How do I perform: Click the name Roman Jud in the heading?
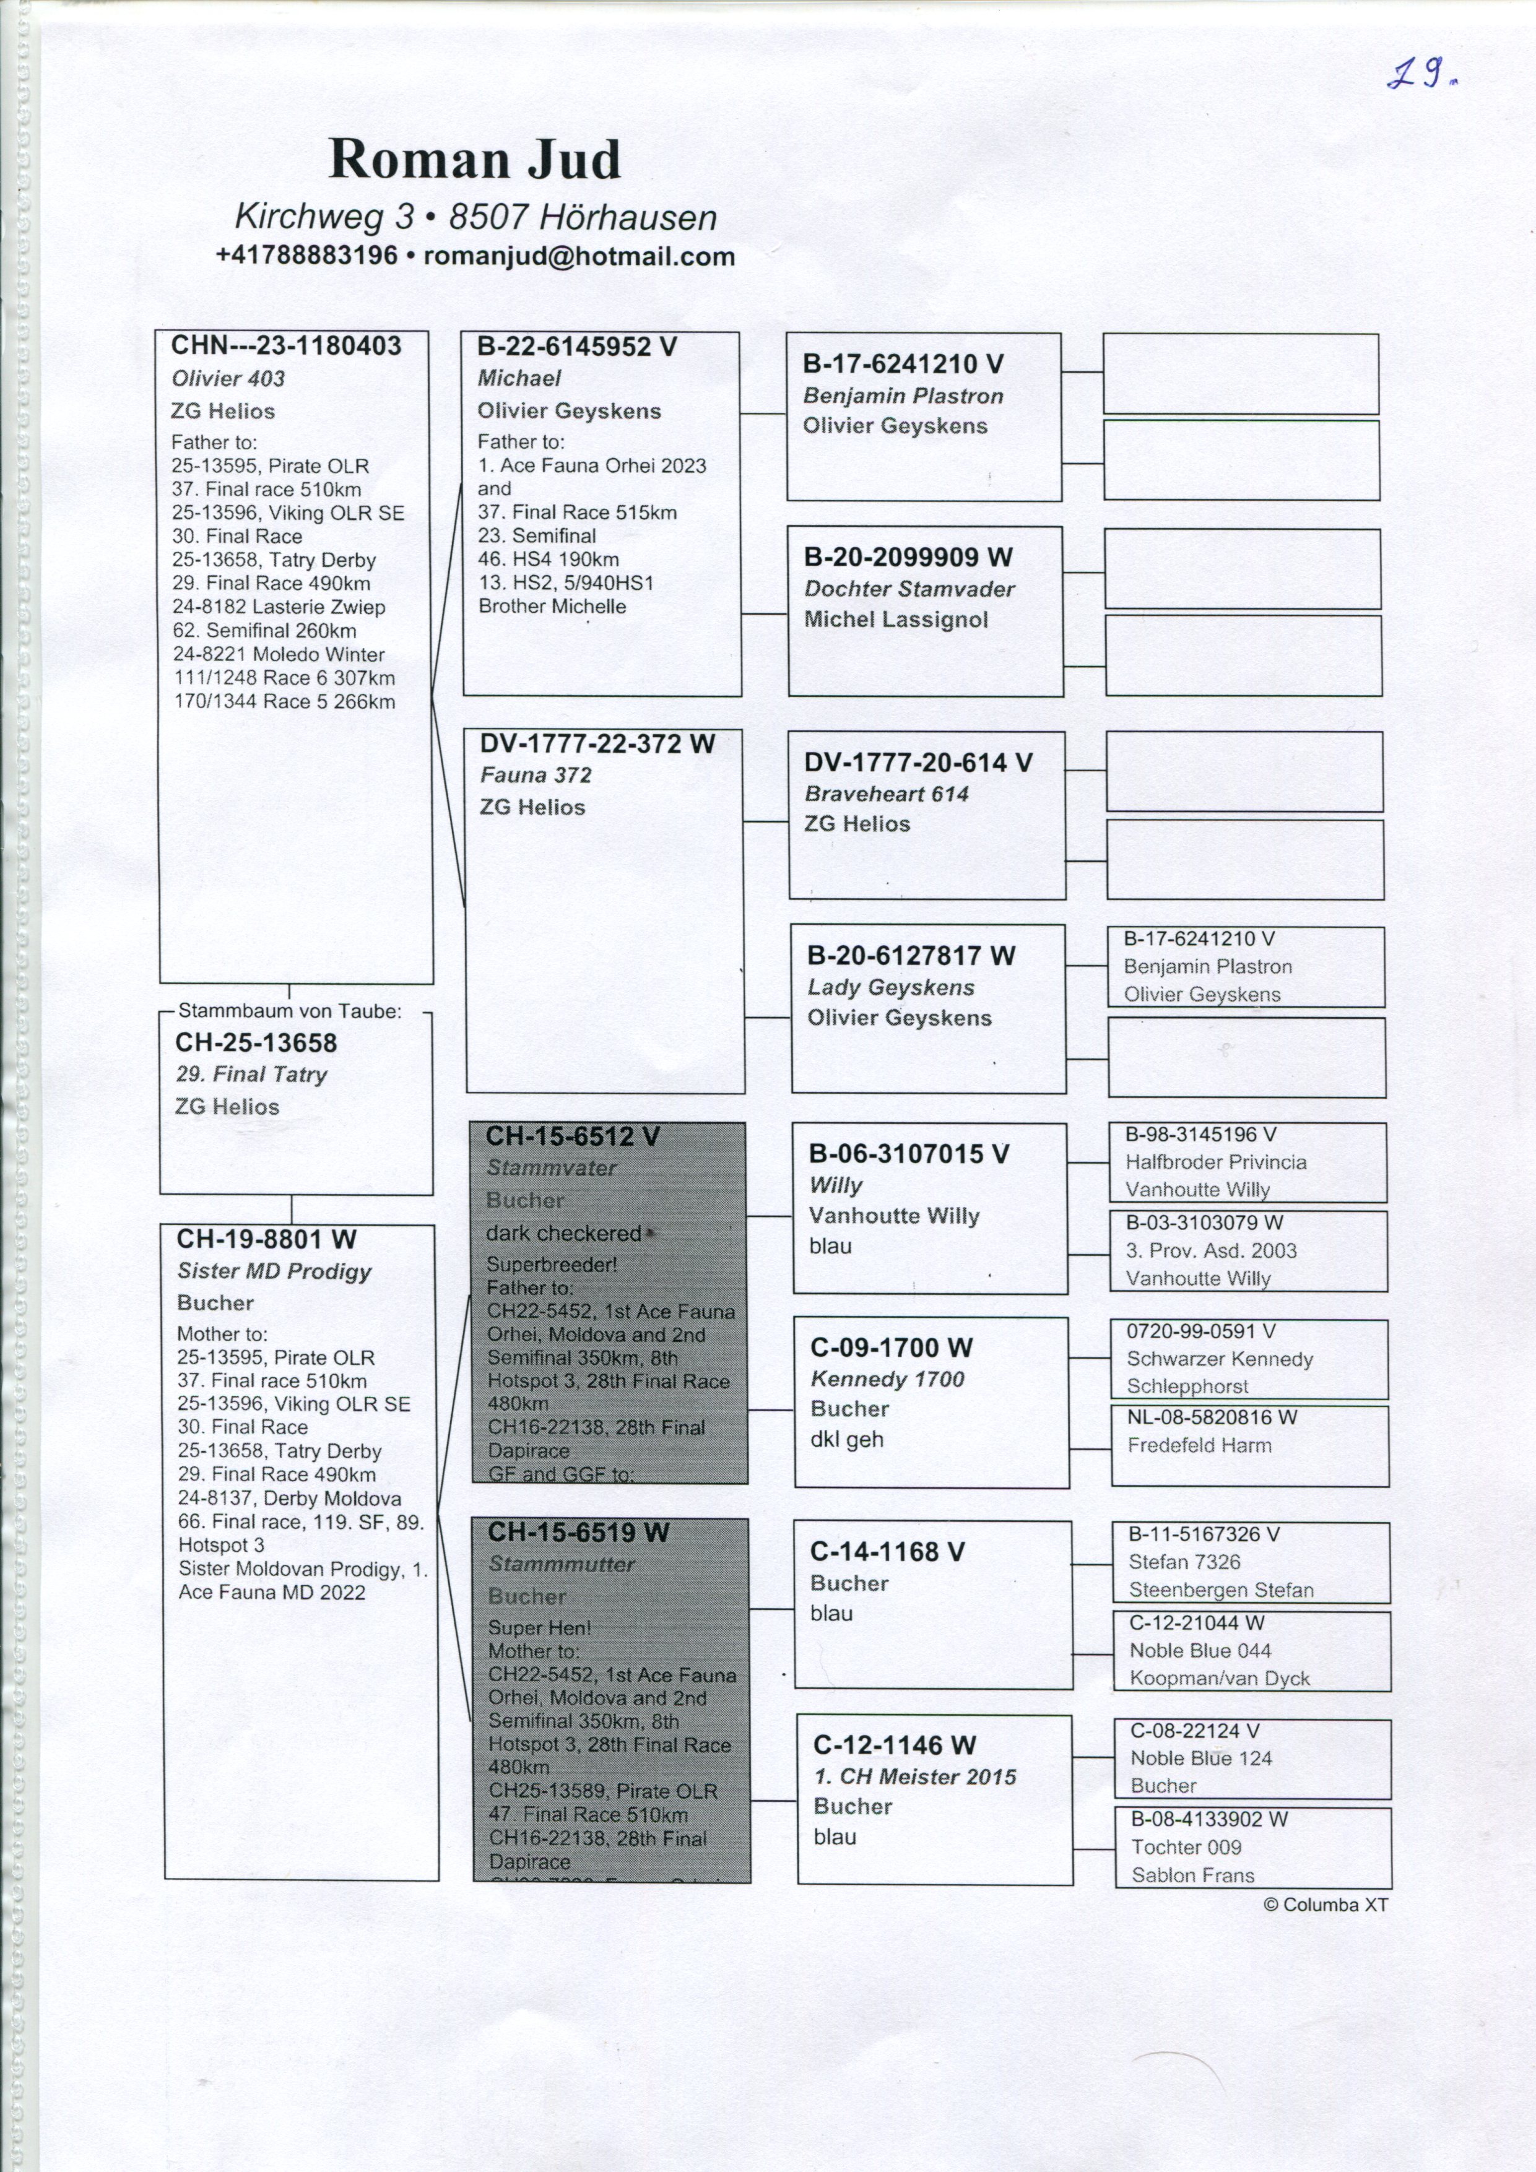click(x=474, y=159)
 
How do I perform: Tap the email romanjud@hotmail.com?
click(x=579, y=256)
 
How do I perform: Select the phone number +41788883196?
click(x=306, y=256)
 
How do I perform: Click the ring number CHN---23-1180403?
click(x=286, y=346)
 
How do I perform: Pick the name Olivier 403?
click(x=228, y=378)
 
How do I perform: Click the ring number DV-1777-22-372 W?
click(x=596, y=743)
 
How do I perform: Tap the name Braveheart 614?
click(x=887, y=794)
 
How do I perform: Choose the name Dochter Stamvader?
click(x=909, y=589)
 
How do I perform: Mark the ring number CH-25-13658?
click(x=256, y=1042)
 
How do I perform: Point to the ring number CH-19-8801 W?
click(x=267, y=1239)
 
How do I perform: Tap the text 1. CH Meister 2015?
click(x=914, y=1776)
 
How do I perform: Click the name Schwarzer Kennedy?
click(x=1219, y=1359)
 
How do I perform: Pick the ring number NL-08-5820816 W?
click(x=1212, y=1417)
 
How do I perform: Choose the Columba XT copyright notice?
click(x=1325, y=1904)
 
